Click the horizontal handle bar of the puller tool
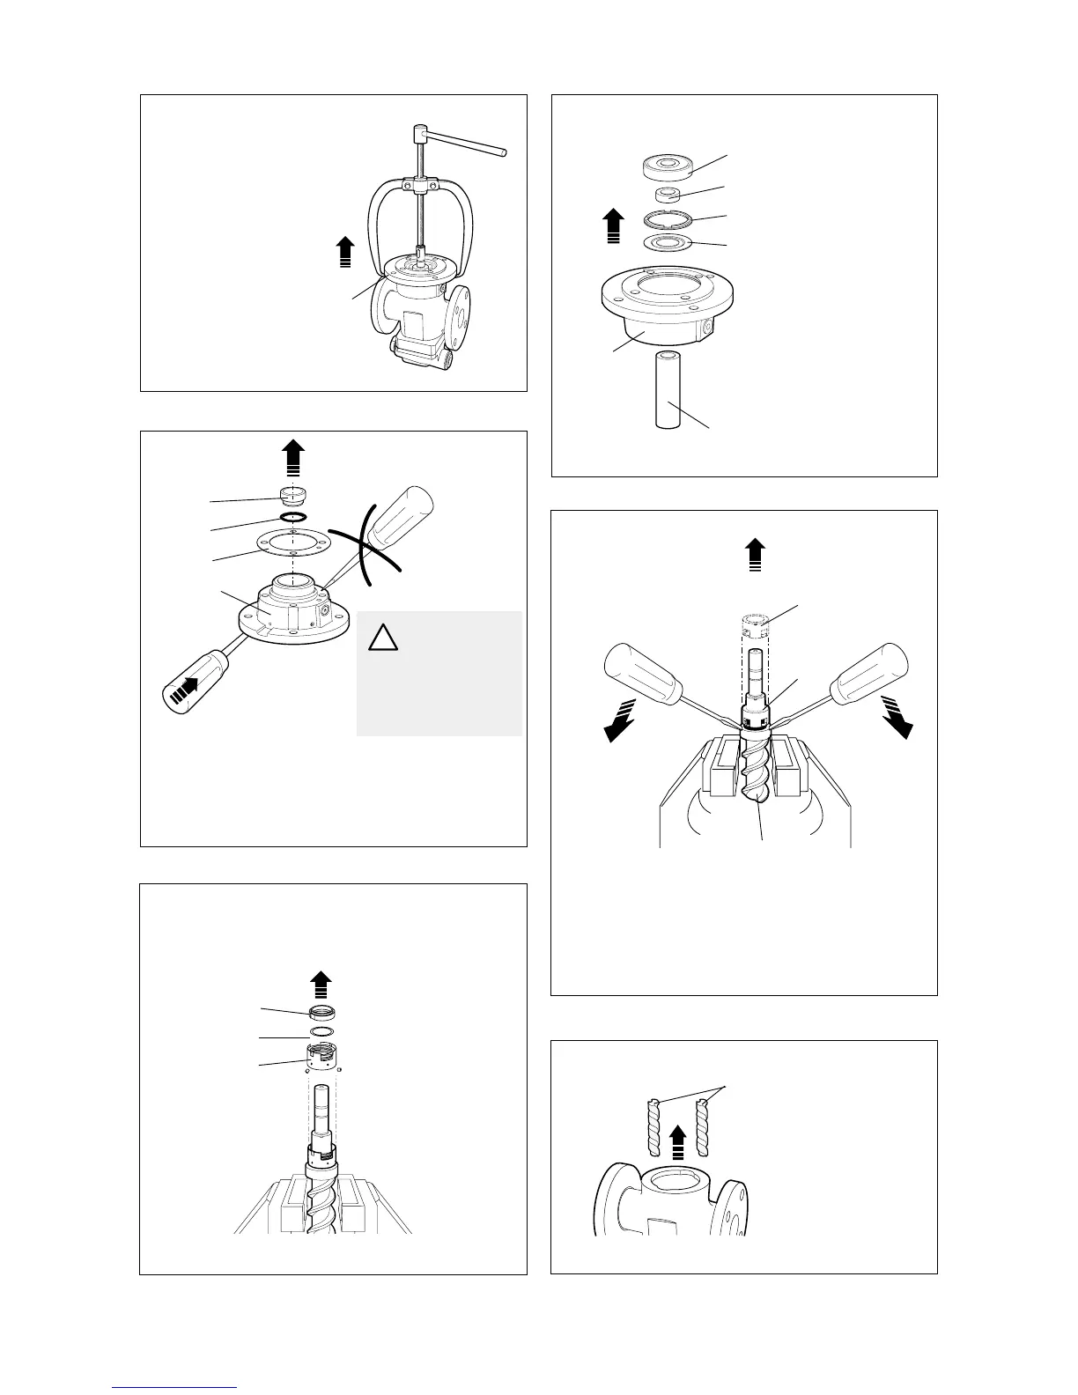467,143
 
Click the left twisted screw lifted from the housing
653,1128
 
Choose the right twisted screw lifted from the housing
702,1128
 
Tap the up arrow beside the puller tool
346,250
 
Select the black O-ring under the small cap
293,517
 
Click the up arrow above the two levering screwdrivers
754,557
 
